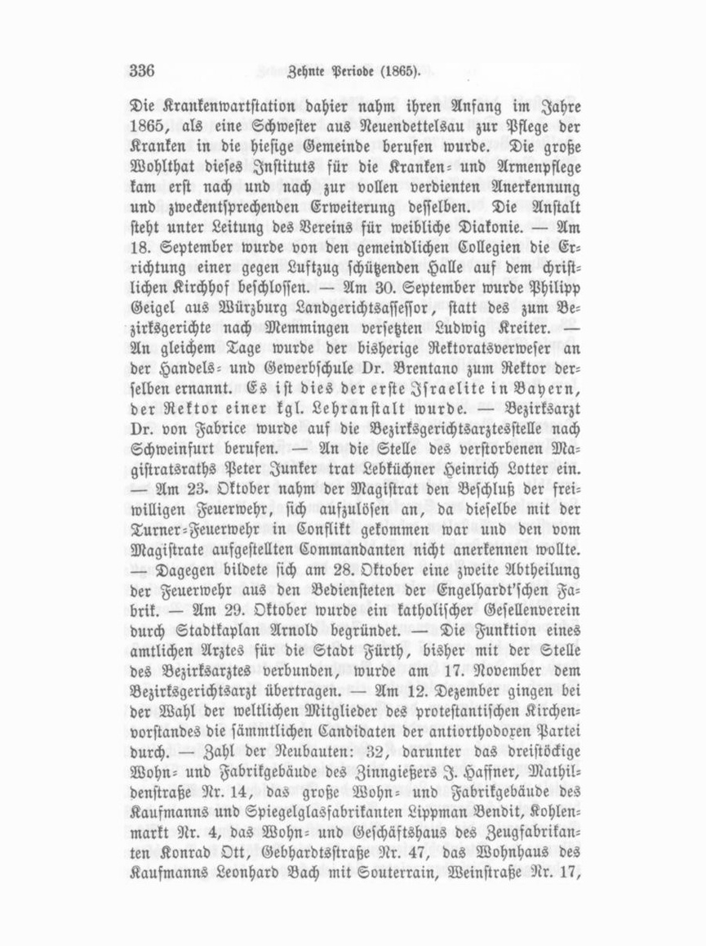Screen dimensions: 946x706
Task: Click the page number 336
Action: coord(141,71)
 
